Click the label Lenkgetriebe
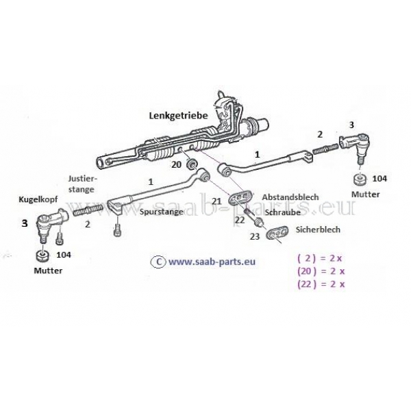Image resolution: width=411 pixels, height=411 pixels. [179, 116]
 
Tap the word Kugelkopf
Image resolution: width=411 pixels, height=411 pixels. [38, 200]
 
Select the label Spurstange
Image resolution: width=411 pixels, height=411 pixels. [161, 212]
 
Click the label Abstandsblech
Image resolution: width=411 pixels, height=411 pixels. [290, 197]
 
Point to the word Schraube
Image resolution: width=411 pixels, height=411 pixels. [282, 212]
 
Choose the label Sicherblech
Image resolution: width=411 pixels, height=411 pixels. [318, 229]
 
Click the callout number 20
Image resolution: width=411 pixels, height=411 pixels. [177, 164]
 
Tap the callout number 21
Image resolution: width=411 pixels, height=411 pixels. [216, 201]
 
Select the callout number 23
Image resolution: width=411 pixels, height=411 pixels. [255, 236]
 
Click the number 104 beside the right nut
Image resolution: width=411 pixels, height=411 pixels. [379, 179]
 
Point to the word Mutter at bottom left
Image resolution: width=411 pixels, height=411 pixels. [48, 271]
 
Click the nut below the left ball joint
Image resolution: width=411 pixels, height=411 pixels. [42, 256]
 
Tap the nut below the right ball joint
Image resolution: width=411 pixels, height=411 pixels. [360, 179]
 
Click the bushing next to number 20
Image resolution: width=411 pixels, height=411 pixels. [191, 164]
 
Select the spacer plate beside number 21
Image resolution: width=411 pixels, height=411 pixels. [240, 197]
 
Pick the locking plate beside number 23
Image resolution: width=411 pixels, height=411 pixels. [277, 233]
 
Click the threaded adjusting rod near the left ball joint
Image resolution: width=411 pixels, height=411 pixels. [88, 210]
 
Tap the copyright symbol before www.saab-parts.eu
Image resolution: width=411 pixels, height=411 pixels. [158, 262]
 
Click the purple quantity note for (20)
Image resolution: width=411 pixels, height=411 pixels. [321, 271]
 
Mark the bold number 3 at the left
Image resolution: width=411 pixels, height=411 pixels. [25, 223]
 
